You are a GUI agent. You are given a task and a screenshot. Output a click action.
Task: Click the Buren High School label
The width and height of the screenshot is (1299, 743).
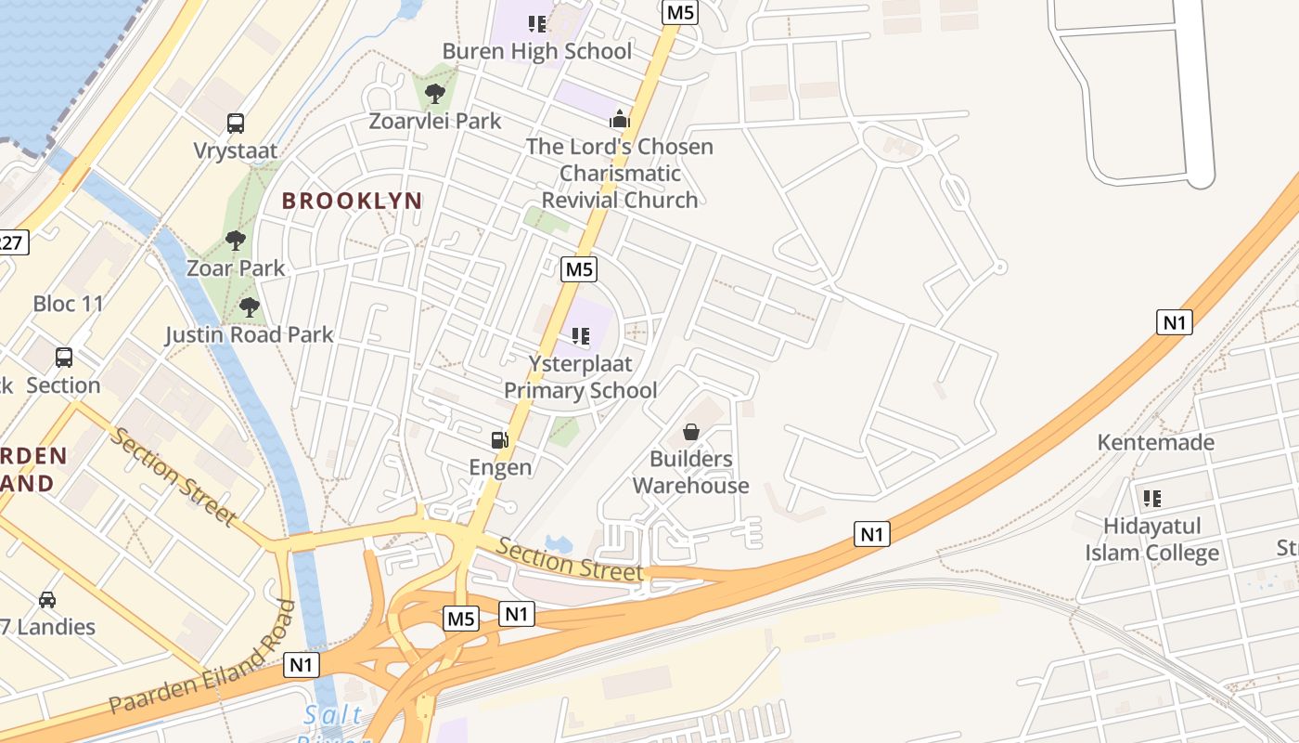coord(537,51)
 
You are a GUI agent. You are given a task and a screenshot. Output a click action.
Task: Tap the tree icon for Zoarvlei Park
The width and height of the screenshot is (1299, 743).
coord(434,93)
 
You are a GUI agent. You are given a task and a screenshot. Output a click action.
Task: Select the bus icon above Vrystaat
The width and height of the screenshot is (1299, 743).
coord(236,123)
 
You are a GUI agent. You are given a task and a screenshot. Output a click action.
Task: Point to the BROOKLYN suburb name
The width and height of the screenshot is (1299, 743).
coord(352,201)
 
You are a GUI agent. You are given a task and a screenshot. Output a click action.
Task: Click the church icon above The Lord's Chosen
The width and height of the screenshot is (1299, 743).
coord(619,119)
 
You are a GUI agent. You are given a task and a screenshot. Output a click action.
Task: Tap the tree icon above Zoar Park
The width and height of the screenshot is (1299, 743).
coord(236,241)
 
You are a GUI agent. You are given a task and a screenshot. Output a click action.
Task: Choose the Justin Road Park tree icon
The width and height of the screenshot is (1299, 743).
coord(249,307)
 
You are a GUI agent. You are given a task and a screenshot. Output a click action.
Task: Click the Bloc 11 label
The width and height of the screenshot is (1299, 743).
coord(69,304)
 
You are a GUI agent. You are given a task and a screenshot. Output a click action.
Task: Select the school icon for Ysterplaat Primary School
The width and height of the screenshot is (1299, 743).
coord(581,335)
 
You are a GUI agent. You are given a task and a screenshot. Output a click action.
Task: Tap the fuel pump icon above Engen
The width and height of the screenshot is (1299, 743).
coord(500,439)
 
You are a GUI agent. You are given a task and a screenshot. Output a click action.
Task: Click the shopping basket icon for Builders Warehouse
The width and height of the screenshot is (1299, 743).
coord(691,432)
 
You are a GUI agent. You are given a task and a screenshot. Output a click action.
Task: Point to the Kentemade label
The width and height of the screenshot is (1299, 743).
coord(1155,442)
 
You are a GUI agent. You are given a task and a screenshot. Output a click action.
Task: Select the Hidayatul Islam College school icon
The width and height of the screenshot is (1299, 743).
coord(1152,499)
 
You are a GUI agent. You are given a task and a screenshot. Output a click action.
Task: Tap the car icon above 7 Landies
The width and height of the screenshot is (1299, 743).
coord(46,600)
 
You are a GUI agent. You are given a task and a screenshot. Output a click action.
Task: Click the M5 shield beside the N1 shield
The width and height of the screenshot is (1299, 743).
coord(461,619)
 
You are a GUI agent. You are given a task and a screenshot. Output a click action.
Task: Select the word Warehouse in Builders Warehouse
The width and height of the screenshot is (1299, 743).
coord(691,486)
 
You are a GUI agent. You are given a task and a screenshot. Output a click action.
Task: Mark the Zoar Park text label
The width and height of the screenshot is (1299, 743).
coord(236,268)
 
